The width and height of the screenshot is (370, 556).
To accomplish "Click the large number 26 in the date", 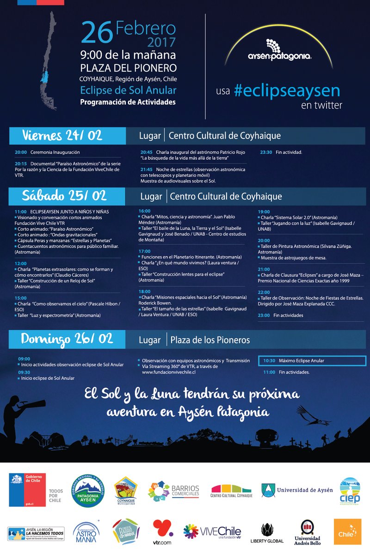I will [97, 33].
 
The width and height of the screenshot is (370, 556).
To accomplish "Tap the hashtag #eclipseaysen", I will [287, 90].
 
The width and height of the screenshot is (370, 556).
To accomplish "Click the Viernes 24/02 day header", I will [62, 136].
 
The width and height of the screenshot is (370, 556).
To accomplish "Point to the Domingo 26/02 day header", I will [67, 339].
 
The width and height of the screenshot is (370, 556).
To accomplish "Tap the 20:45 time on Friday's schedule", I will [147, 152].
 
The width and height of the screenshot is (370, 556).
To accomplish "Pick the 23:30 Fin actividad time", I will [266, 152].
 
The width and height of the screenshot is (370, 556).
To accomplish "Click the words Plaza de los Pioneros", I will [210, 340].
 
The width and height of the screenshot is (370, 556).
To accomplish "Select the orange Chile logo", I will [347, 531].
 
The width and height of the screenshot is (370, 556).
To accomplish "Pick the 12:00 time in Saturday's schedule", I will [21, 263].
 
